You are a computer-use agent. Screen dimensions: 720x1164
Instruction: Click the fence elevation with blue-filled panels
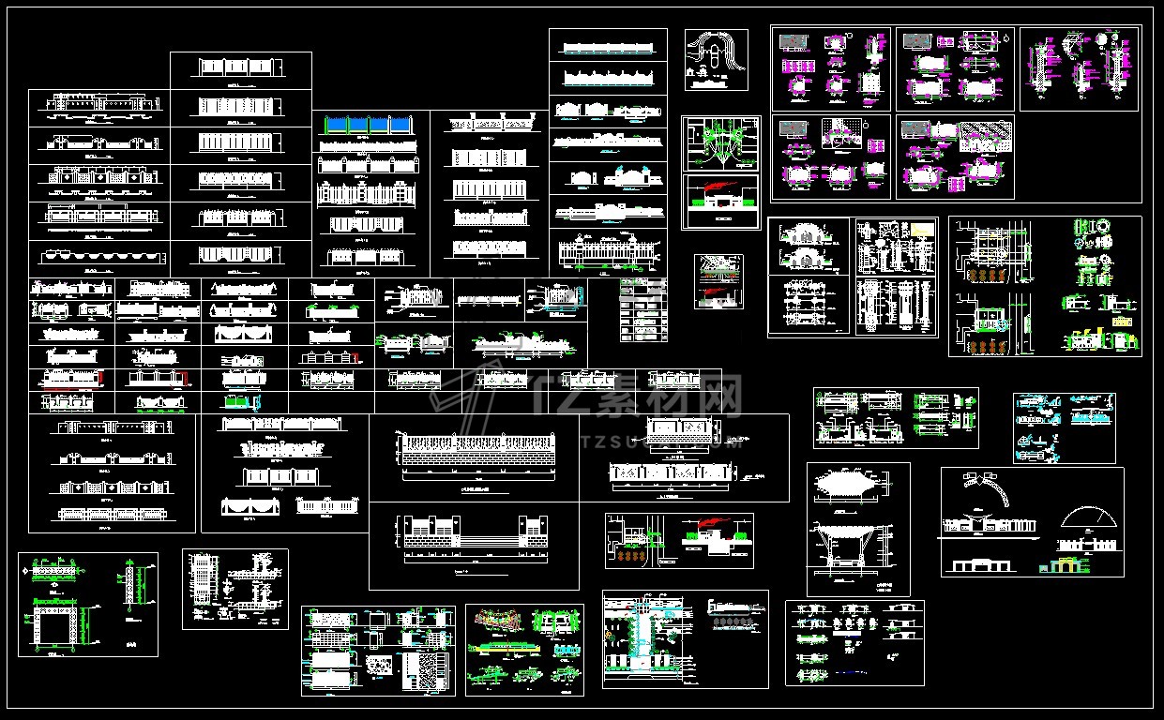click(x=370, y=126)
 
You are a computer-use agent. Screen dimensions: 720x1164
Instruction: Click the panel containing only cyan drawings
click(x=1064, y=427)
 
